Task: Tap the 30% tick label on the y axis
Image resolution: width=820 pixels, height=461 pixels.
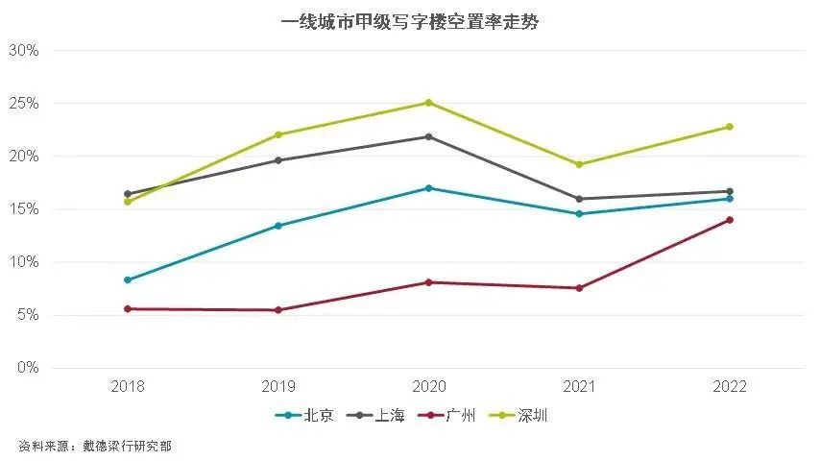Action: click(x=23, y=50)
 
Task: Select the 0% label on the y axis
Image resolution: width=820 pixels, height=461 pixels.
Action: click(x=27, y=368)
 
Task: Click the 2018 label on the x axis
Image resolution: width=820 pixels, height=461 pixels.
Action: click(x=128, y=387)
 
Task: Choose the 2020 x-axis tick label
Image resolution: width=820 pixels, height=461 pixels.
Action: click(x=428, y=387)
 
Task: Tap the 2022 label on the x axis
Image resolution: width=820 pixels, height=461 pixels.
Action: click(x=729, y=387)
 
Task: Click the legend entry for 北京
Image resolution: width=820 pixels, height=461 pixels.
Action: click(x=305, y=415)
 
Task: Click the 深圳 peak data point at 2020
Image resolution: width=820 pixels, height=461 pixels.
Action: click(x=428, y=103)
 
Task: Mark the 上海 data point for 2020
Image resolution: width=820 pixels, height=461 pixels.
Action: click(x=428, y=136)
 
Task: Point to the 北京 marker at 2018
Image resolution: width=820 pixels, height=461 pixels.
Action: click(x=128, y=279)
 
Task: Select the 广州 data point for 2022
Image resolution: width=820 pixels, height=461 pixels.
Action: click(x=729, y=220)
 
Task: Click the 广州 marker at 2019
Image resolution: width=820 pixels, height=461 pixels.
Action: click(x=278, y=310)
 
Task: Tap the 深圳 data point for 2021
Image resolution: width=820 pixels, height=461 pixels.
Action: click(x=579, y=164)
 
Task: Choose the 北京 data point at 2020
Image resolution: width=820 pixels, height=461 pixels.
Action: click(x=428, y=188)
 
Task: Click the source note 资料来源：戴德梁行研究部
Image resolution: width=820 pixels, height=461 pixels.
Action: click(x=95, y=446)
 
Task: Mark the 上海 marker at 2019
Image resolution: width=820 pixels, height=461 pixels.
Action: click(x=278, y=160)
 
